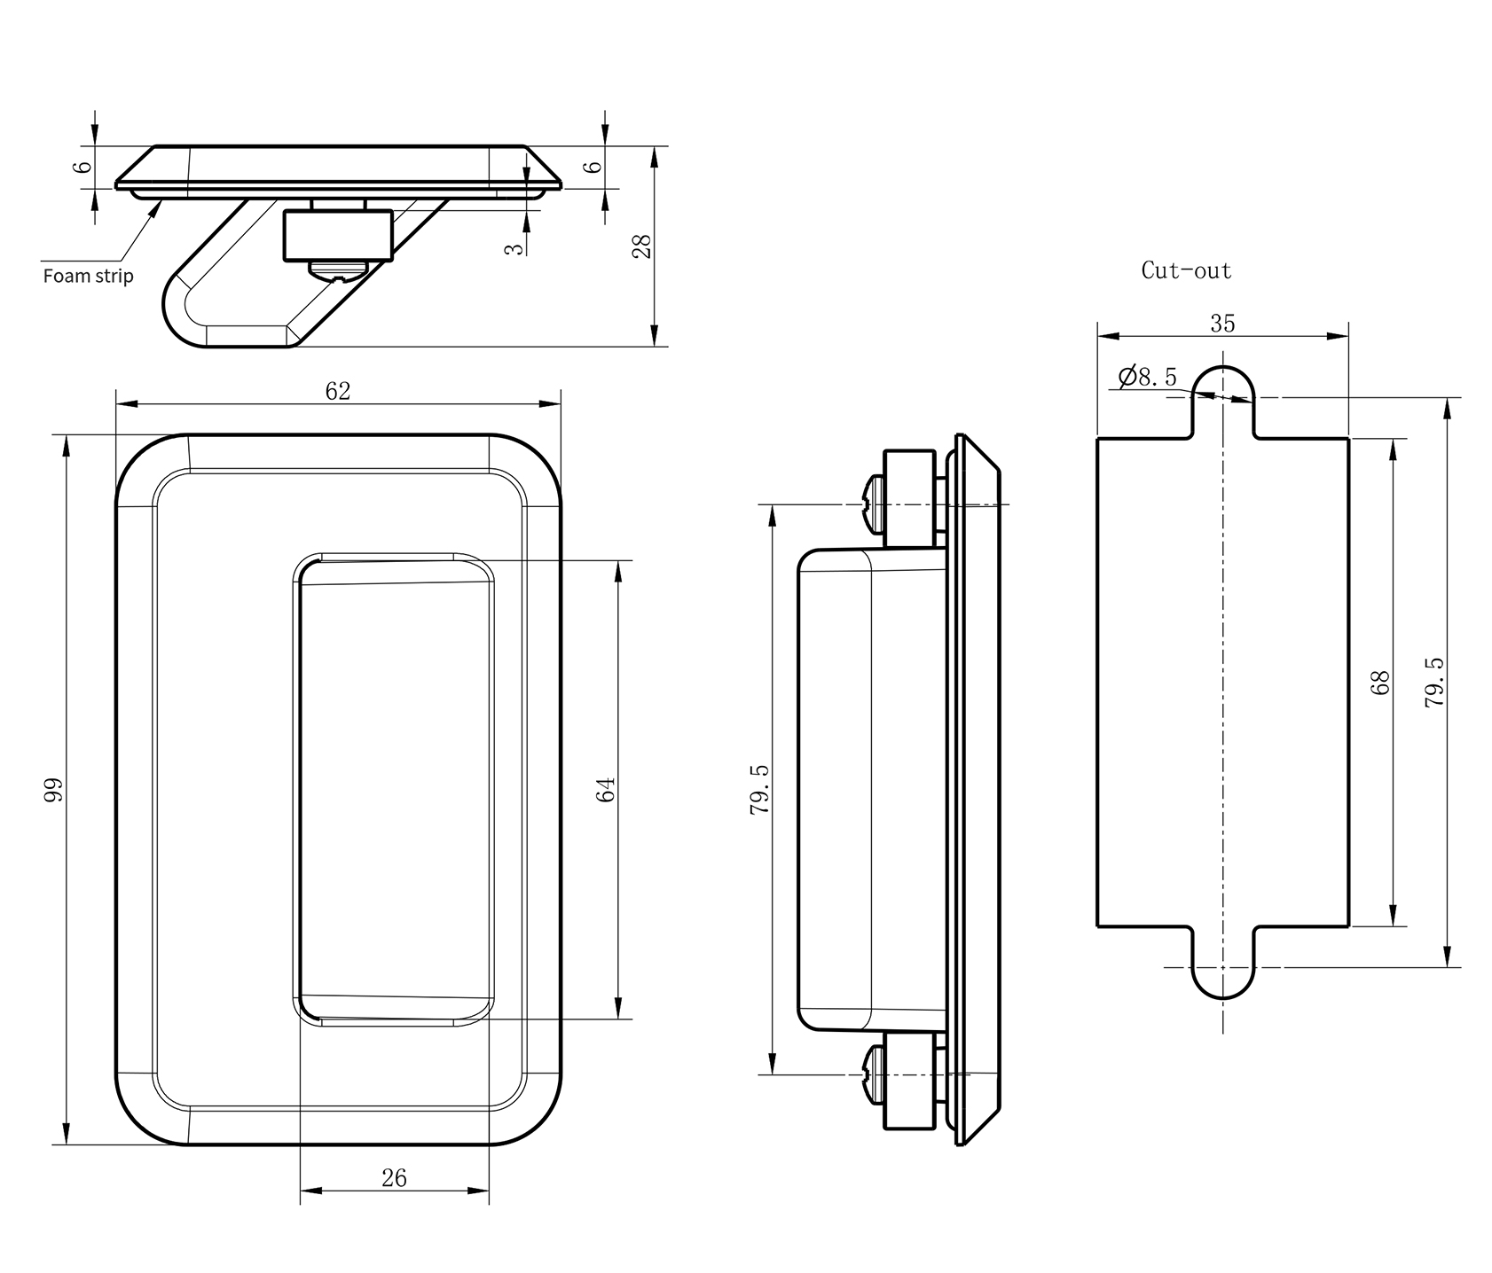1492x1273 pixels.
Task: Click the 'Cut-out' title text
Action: click(1186, 270)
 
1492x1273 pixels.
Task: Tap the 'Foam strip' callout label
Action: click(89, 276)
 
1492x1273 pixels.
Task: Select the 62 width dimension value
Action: click(338, 391)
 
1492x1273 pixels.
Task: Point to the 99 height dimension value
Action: click(54, 789)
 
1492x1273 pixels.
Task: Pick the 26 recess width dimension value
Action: click(394, 1177)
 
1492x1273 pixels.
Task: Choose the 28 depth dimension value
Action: click(642, 245)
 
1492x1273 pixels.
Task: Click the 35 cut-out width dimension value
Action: click(1222, 324)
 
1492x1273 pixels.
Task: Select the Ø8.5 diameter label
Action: click(1149, 377)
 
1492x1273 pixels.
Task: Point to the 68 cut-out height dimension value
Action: click(1380, 682)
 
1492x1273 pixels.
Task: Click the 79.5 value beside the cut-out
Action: click(1433, 682)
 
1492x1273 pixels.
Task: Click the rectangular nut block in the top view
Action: click(337, 236)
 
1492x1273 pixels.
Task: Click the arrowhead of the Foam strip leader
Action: click(160, 204)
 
